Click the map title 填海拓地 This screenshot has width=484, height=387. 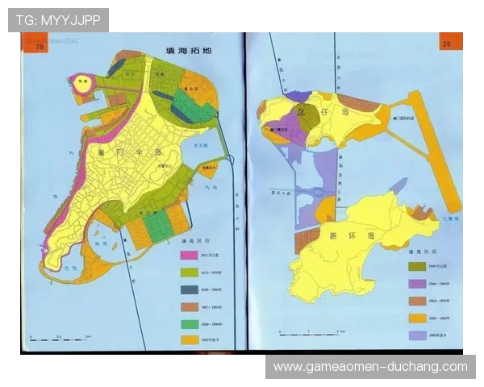(x=187, y=51)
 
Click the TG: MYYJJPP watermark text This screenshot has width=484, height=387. (x=58, y=19)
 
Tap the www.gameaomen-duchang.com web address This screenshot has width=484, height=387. (x=370, y=367)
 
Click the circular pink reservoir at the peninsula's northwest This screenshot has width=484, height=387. (x=81, y=81)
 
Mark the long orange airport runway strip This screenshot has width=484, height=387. (x=436, y=153)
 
